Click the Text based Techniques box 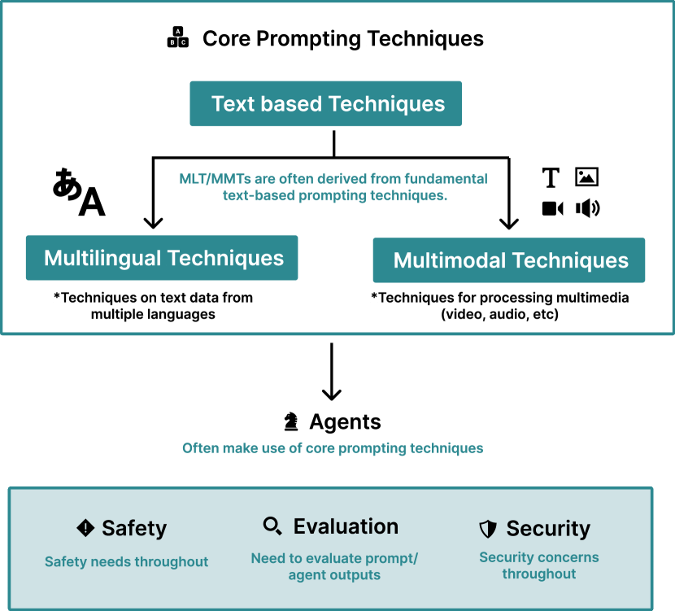pyautogui.click(x=325, y=104)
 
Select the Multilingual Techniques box pyautogui.click(x=162, y=259)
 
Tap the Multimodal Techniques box pyautogui.click(x=509, y=260)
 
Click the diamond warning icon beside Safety pyautogui.click(x=85, y=528)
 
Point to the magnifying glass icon pyautogui.click(x=272, y=526)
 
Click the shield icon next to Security pyautogui.click(x=488, y=530)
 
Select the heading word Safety pyautogui.click(x=134, y=528)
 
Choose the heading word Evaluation pyautogui.click(x=346, y=526)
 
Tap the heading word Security pyautogui.click(x=548, y=529)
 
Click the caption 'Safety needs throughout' pyautogui.click(x=126, y=561)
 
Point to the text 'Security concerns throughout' pyautogui.click(x=538, y=565)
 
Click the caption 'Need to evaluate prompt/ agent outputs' pyautogui.click(x=334, y=566)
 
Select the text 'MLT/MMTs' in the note pyautogui.click(x=204, y=178)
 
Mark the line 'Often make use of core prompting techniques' pyautogui.click(x=332, y=448)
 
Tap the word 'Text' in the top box pyautogui.click(x=229, y=104)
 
